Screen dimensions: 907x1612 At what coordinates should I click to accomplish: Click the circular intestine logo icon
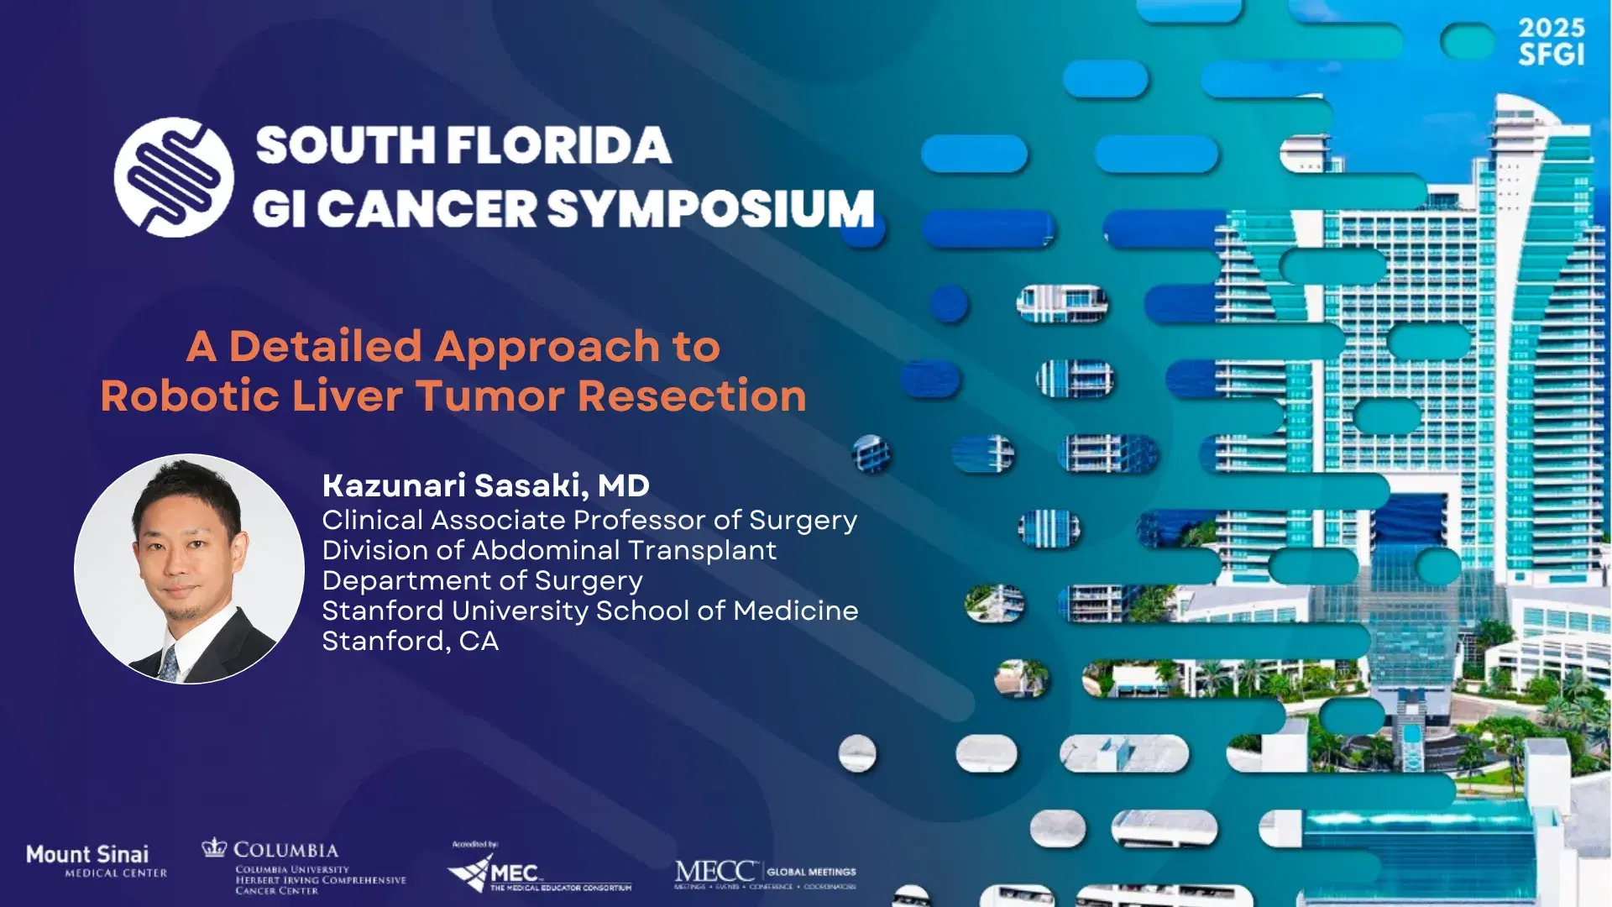pyautogui.click(x=174, y=177)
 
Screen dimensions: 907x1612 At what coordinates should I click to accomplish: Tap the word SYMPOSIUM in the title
pyautogui.click(x=712, y=208)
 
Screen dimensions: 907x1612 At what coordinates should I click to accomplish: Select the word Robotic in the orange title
pyautogui.click(x=190, y=396)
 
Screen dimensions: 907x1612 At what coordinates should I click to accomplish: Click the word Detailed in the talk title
pyautogui.click(x=325, y=346)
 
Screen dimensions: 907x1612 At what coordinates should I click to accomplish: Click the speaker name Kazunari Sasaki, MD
pyautogui.click(x=485, y=485)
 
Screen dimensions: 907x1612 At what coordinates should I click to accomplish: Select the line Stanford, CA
pyautogui.click(x=410, y=641)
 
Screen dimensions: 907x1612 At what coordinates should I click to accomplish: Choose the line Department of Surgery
pyautogui.click(x=482, y=580)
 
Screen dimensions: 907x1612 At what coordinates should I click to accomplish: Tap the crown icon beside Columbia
pyautogui.click(x=214, y=847)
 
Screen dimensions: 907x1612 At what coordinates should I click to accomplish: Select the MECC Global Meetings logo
pyautogui.click(x=764, y=873)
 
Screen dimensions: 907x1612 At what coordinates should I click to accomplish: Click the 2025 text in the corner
pyautogui.click(x=1551, y=29)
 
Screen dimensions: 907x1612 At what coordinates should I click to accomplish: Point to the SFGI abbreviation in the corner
pyautogui.click(x=1551, y=55)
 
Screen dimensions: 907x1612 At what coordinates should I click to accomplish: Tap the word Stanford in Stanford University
pyautogui.click(x=383, y=611)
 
